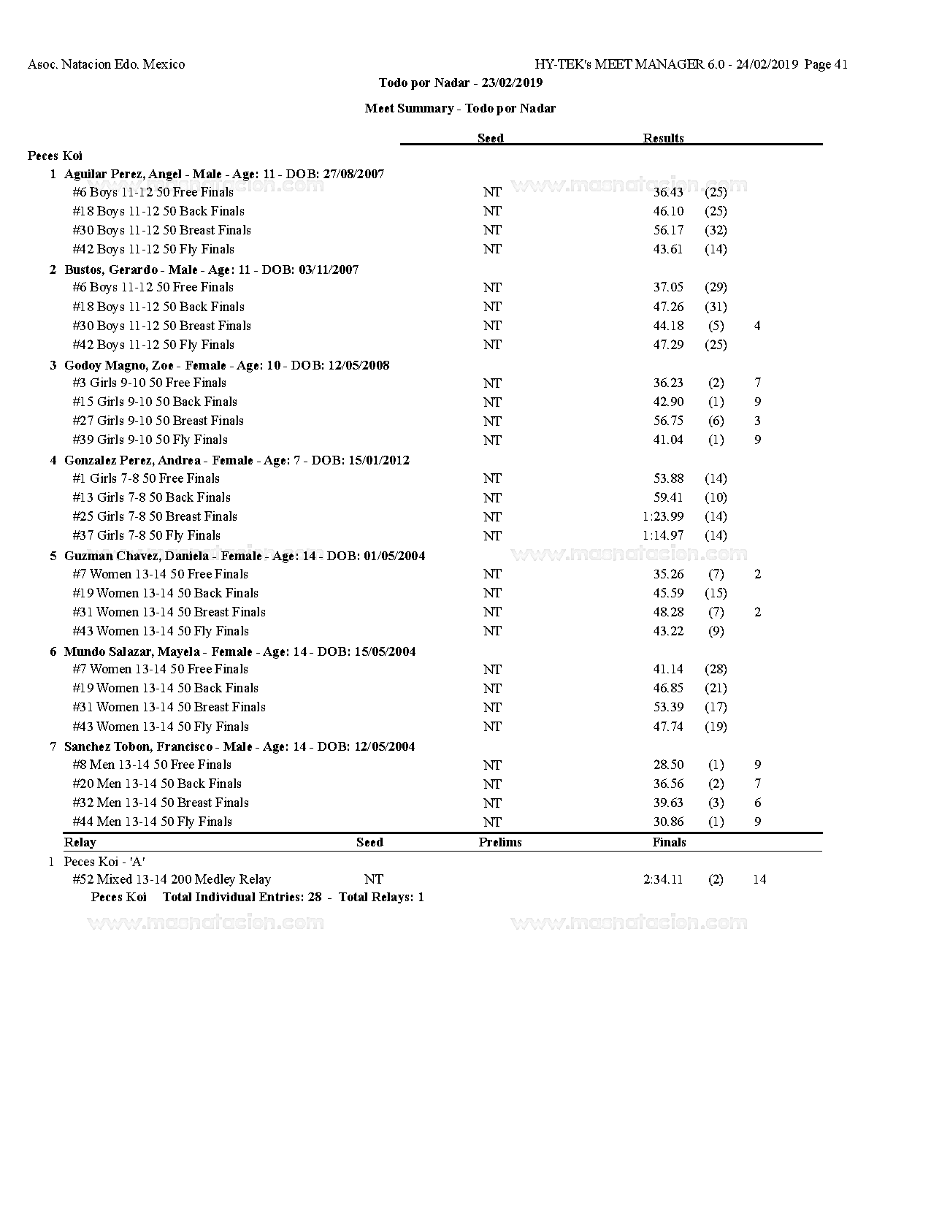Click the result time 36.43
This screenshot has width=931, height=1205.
(x=668, y=192)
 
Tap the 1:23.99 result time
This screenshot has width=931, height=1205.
(x=663, y=516)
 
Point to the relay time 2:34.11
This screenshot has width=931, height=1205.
(x=663, y=879)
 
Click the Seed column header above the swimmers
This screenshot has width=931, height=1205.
(x=490, y=138)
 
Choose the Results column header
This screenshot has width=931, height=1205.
(x=663, y=138)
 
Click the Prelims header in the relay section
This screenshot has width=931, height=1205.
(x=500, y=842)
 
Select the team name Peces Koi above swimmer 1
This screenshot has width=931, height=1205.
(x=55, y=156)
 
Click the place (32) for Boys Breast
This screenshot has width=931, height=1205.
(x=716, y=230)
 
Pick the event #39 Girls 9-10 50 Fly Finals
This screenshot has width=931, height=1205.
(x=150, y=440)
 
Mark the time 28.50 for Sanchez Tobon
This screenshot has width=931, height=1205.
(x=668, y=765)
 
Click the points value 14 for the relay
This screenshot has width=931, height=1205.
(x=759, y=879)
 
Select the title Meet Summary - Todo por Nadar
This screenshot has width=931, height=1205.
(x=460, y=108)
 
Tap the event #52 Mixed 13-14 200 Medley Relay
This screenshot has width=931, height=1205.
(x=172, y=879)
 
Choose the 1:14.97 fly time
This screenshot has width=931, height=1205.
(x=663, y=535)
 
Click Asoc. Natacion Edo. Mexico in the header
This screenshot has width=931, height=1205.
(x=106, y=64)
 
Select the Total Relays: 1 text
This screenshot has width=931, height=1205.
(x=381, y=897)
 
